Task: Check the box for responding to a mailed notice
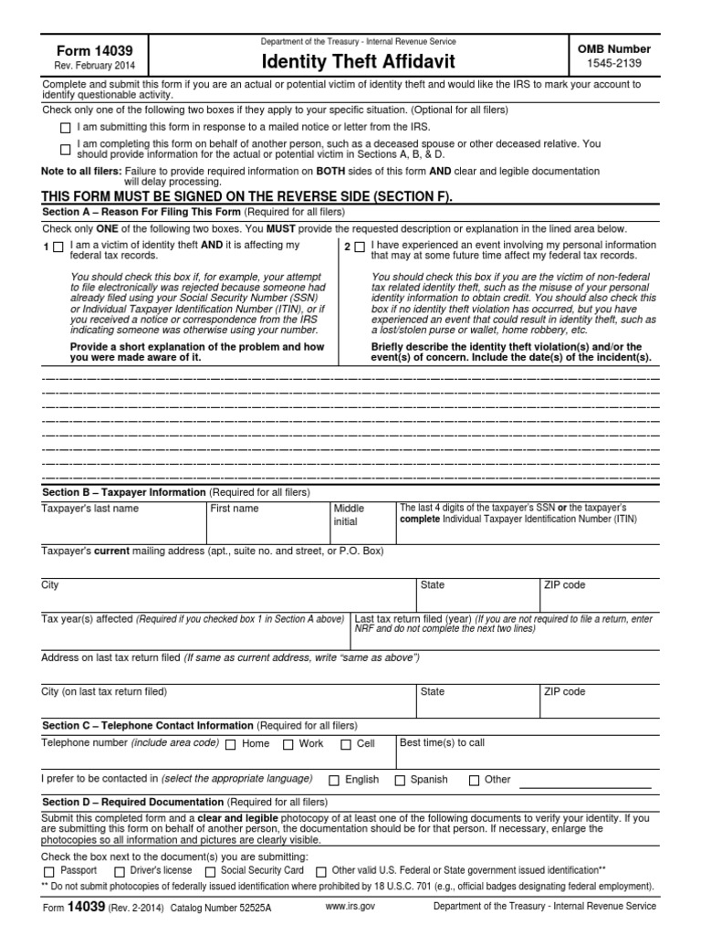(65, 128)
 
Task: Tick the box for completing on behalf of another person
(65, 149)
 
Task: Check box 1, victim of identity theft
(58, 247)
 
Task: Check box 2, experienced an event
(360, 247)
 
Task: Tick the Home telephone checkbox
(230, 744)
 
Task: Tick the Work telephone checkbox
(288, 744)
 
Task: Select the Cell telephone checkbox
(346, 744)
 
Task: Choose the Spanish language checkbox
(400, 780)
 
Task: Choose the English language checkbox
(334, 780)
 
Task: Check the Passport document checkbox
(48, 871)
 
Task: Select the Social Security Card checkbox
(210, 871)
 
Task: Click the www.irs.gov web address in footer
(350, 906)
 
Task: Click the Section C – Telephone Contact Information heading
(149, 726)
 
